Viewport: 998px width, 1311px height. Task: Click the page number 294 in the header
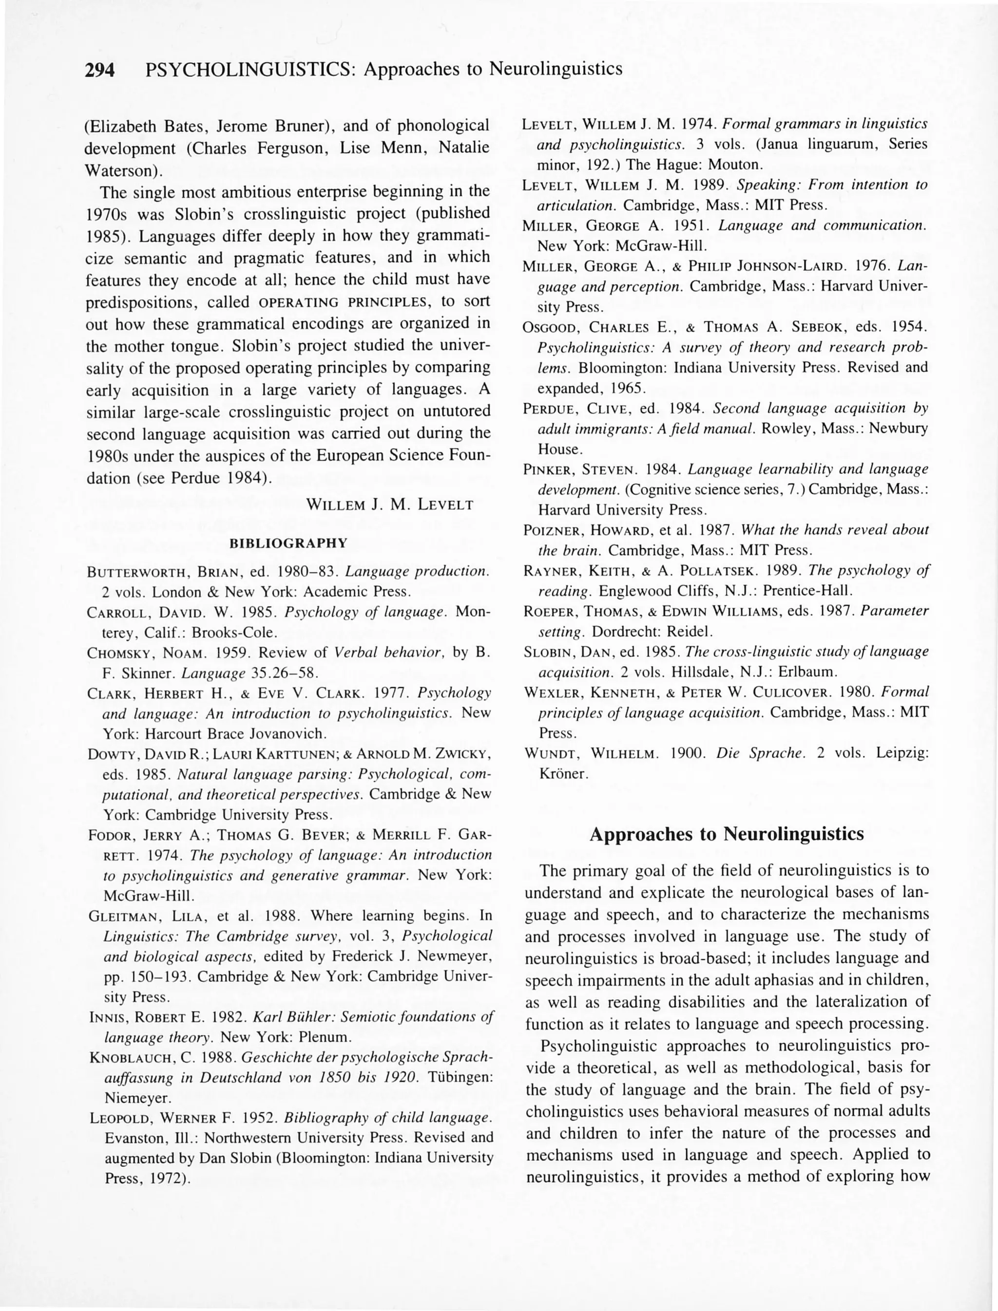(99, 70)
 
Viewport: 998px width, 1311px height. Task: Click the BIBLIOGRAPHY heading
(288, 543)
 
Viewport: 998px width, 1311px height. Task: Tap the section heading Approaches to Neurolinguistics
(727, 834)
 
